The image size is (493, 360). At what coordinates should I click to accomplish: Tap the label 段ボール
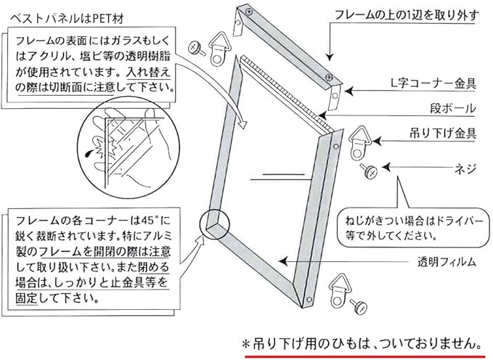[x=450, y=109]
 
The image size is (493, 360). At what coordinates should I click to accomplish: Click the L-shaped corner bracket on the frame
[x=335, y=92]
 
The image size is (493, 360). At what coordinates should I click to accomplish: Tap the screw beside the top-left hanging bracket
[x=195, y=47]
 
